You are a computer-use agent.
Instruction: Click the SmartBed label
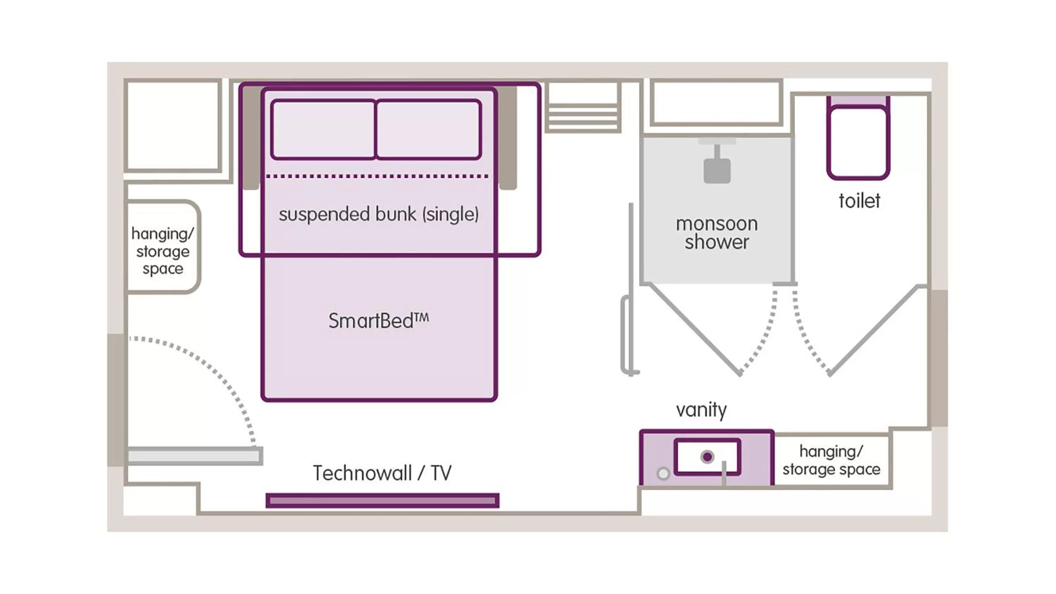coord(378,321)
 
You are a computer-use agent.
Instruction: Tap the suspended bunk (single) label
coord(378,214)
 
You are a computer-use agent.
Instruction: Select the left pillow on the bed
coord(323,129)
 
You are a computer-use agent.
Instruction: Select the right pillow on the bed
coord(428,129)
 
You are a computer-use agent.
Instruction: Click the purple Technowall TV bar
coord(382,500)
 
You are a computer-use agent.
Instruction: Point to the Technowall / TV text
coord(382,473)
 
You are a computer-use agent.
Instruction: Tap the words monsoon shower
coord(716,233)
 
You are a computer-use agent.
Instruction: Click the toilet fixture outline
coord(858,142)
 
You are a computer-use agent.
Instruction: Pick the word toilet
coord(859,201)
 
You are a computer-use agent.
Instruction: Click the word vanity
coord(701,410)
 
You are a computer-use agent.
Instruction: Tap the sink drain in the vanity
coord(707,457)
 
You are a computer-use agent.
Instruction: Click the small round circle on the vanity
coord(663,474)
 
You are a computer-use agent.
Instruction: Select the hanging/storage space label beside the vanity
coord(831,460)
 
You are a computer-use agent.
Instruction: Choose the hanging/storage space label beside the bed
coord(162,251)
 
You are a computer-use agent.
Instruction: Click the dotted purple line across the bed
coord(377,176)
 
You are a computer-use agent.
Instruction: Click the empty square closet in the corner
coord(173,125)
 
